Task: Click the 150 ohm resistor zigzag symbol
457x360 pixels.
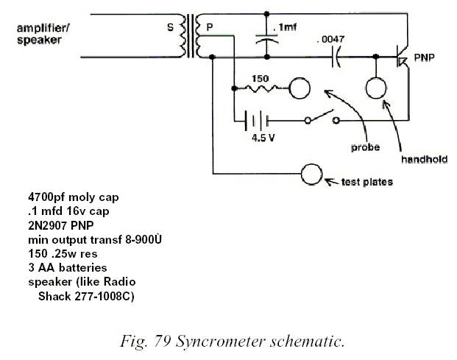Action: coord(261,88)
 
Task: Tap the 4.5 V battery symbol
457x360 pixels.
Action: coord(257,120)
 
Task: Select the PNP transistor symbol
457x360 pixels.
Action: coord(402,57)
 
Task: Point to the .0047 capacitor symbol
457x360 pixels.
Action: coord(336,57)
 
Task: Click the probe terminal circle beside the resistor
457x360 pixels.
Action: coord(300,88)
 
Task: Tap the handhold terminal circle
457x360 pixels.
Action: coord(376,88)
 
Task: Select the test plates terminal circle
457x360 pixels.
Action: coord(311,174)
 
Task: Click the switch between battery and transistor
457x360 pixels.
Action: coord(322,117)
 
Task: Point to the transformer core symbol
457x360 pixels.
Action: coord(190,36)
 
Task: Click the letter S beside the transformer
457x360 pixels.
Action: coord(170,27)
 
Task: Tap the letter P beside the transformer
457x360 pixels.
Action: coord(210,27)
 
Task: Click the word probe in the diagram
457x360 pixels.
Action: coord(365,147)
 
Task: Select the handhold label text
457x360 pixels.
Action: coord(424,159)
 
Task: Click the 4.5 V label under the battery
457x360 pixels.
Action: coord(263,138)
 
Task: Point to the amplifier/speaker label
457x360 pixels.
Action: coord(43,34)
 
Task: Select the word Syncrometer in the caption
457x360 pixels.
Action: coord(220,341)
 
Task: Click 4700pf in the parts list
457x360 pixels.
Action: coord(46,197)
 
